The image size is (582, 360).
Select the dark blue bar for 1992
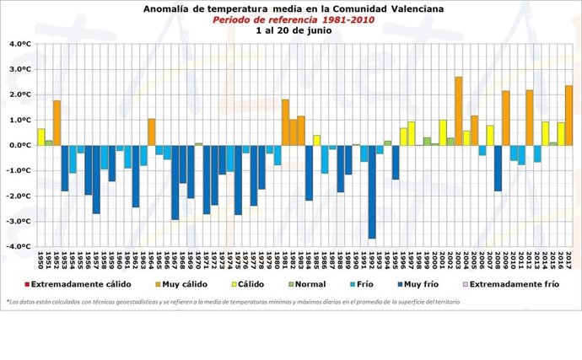371,191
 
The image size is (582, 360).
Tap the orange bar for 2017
569,115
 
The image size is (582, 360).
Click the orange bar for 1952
57,122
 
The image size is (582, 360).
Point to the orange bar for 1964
151,132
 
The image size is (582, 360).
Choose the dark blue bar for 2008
498,168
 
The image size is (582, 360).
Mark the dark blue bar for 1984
309,172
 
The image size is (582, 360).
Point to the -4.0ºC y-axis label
18,247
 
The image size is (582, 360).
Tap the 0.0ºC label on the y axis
19,145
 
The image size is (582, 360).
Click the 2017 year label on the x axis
569,261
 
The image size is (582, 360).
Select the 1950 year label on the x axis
40,261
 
